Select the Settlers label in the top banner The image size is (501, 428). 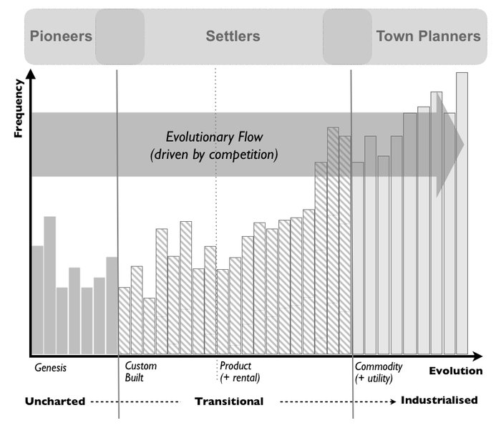(x=233, y=36)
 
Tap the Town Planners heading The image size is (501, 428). (x=429, y=36)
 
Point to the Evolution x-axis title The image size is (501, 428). (x=456, y=371)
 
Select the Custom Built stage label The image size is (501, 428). (x=141, y=371)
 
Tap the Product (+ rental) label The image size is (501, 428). (x=240, y=371)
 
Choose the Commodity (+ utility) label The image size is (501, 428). (x=379, y=371)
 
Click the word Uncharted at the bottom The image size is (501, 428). (x=55, y=400)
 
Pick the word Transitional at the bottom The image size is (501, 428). (x=229, y=401)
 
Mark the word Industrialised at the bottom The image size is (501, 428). (x=439, y=400)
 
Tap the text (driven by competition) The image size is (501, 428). (x=214, y=154)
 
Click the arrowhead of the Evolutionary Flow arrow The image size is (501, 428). (x=454, y=145)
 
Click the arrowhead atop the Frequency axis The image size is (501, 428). (x=30, y=74)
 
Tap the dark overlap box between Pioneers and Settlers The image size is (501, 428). (x=120, y=36)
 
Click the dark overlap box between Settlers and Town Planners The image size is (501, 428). (x=347, y=36)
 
